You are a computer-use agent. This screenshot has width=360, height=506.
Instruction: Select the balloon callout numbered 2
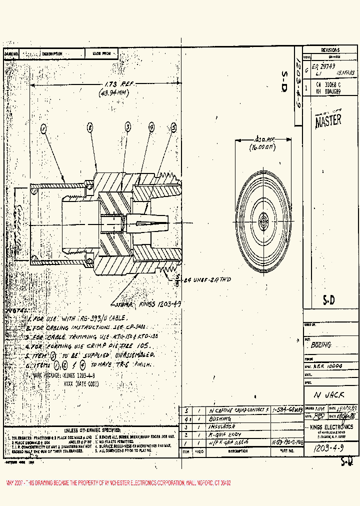tap(90, 127)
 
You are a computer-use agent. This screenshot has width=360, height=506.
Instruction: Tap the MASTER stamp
tap(328, 119)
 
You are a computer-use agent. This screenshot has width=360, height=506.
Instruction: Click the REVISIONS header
tap(330, 50)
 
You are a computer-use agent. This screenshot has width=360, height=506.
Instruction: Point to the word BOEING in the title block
tap(321, 345)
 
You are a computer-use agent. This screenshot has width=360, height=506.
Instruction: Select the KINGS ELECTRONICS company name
tap(331, 426)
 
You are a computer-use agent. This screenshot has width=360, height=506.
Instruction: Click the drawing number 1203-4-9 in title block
tap(328, 448)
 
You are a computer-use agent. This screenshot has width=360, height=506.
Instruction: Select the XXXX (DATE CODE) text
tap(81, 383)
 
